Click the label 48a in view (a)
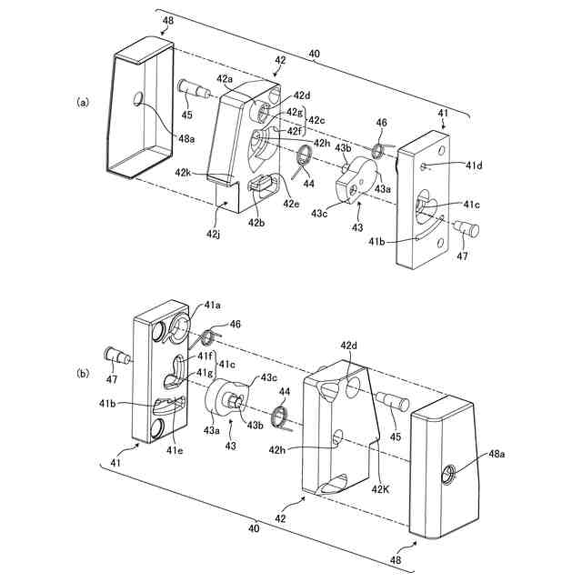coord(186,138)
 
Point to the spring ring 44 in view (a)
coord(303,164)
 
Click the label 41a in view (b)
coord(212,306)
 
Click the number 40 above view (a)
coord(314,55)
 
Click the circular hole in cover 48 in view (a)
coord(138,97)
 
